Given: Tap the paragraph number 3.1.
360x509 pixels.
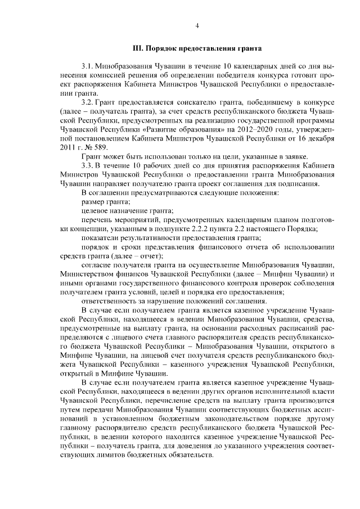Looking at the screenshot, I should coord(88,66).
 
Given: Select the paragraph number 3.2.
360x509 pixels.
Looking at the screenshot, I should coord(88,102).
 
